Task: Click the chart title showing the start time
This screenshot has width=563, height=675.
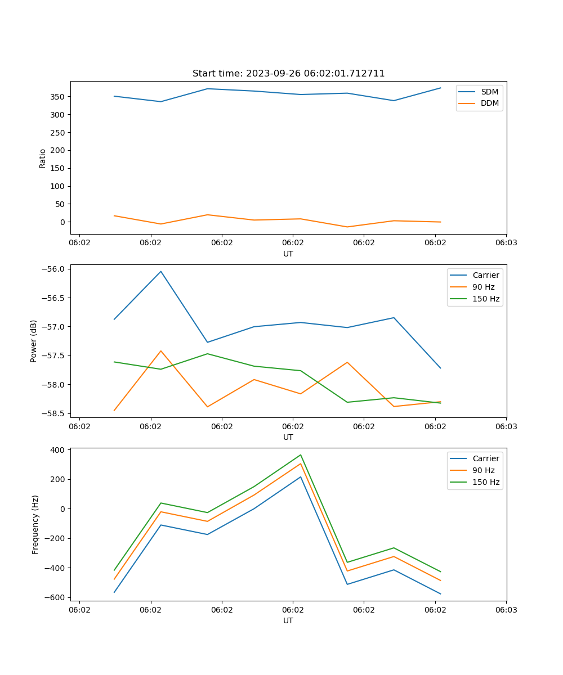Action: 288,74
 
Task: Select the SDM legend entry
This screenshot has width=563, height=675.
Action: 489,92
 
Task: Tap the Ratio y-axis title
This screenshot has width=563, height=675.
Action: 43,158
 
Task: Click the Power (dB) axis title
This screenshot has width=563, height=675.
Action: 34,341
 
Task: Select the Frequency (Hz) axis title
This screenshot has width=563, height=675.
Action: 35,524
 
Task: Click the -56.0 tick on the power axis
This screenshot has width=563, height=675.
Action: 53,269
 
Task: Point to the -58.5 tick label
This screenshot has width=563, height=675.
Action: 53,413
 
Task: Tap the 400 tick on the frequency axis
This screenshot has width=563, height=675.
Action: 59,450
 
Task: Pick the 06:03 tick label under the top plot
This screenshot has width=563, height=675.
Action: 506,243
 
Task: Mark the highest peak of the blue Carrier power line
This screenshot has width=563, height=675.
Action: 161,271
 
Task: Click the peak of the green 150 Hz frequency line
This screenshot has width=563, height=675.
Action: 301,454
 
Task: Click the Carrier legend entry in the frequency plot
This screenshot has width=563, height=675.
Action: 486,458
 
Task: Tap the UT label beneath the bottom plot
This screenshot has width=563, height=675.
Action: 288,620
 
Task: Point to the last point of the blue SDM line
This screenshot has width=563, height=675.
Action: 440,88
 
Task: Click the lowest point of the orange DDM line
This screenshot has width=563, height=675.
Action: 347,227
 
